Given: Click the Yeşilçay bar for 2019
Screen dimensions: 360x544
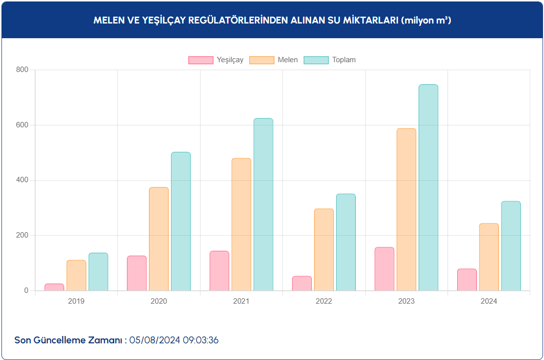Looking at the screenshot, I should point(54,288).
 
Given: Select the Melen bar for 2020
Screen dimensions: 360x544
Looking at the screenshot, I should point(159,239).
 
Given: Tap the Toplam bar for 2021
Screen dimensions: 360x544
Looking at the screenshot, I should point(263,205).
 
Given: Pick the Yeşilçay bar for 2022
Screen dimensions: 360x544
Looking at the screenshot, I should point(302,284).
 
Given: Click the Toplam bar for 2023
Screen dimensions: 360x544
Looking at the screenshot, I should point(428,188).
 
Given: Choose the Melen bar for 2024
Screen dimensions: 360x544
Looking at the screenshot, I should point(489,257).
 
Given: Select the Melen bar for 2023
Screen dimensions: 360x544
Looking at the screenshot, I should point(406,210).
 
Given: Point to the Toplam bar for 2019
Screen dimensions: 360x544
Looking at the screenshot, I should point(98,272).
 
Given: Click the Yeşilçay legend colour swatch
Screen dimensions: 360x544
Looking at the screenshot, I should point(201,60).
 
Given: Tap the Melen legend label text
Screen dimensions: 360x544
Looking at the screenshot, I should point(288,60).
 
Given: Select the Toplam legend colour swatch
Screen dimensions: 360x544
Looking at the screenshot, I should point(316,60).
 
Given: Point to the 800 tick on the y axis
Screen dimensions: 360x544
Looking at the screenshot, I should point(23,70).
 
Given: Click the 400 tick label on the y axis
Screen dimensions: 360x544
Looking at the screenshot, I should point(23,180).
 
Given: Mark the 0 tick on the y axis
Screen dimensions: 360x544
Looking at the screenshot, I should point(27,291).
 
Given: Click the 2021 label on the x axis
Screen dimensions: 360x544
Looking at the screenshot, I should point(241,301).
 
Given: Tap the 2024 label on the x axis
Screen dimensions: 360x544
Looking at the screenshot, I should point(489,301).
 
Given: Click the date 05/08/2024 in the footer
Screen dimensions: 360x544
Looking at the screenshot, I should point(155,340).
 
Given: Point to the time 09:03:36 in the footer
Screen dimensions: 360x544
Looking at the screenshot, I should point(200,340).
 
